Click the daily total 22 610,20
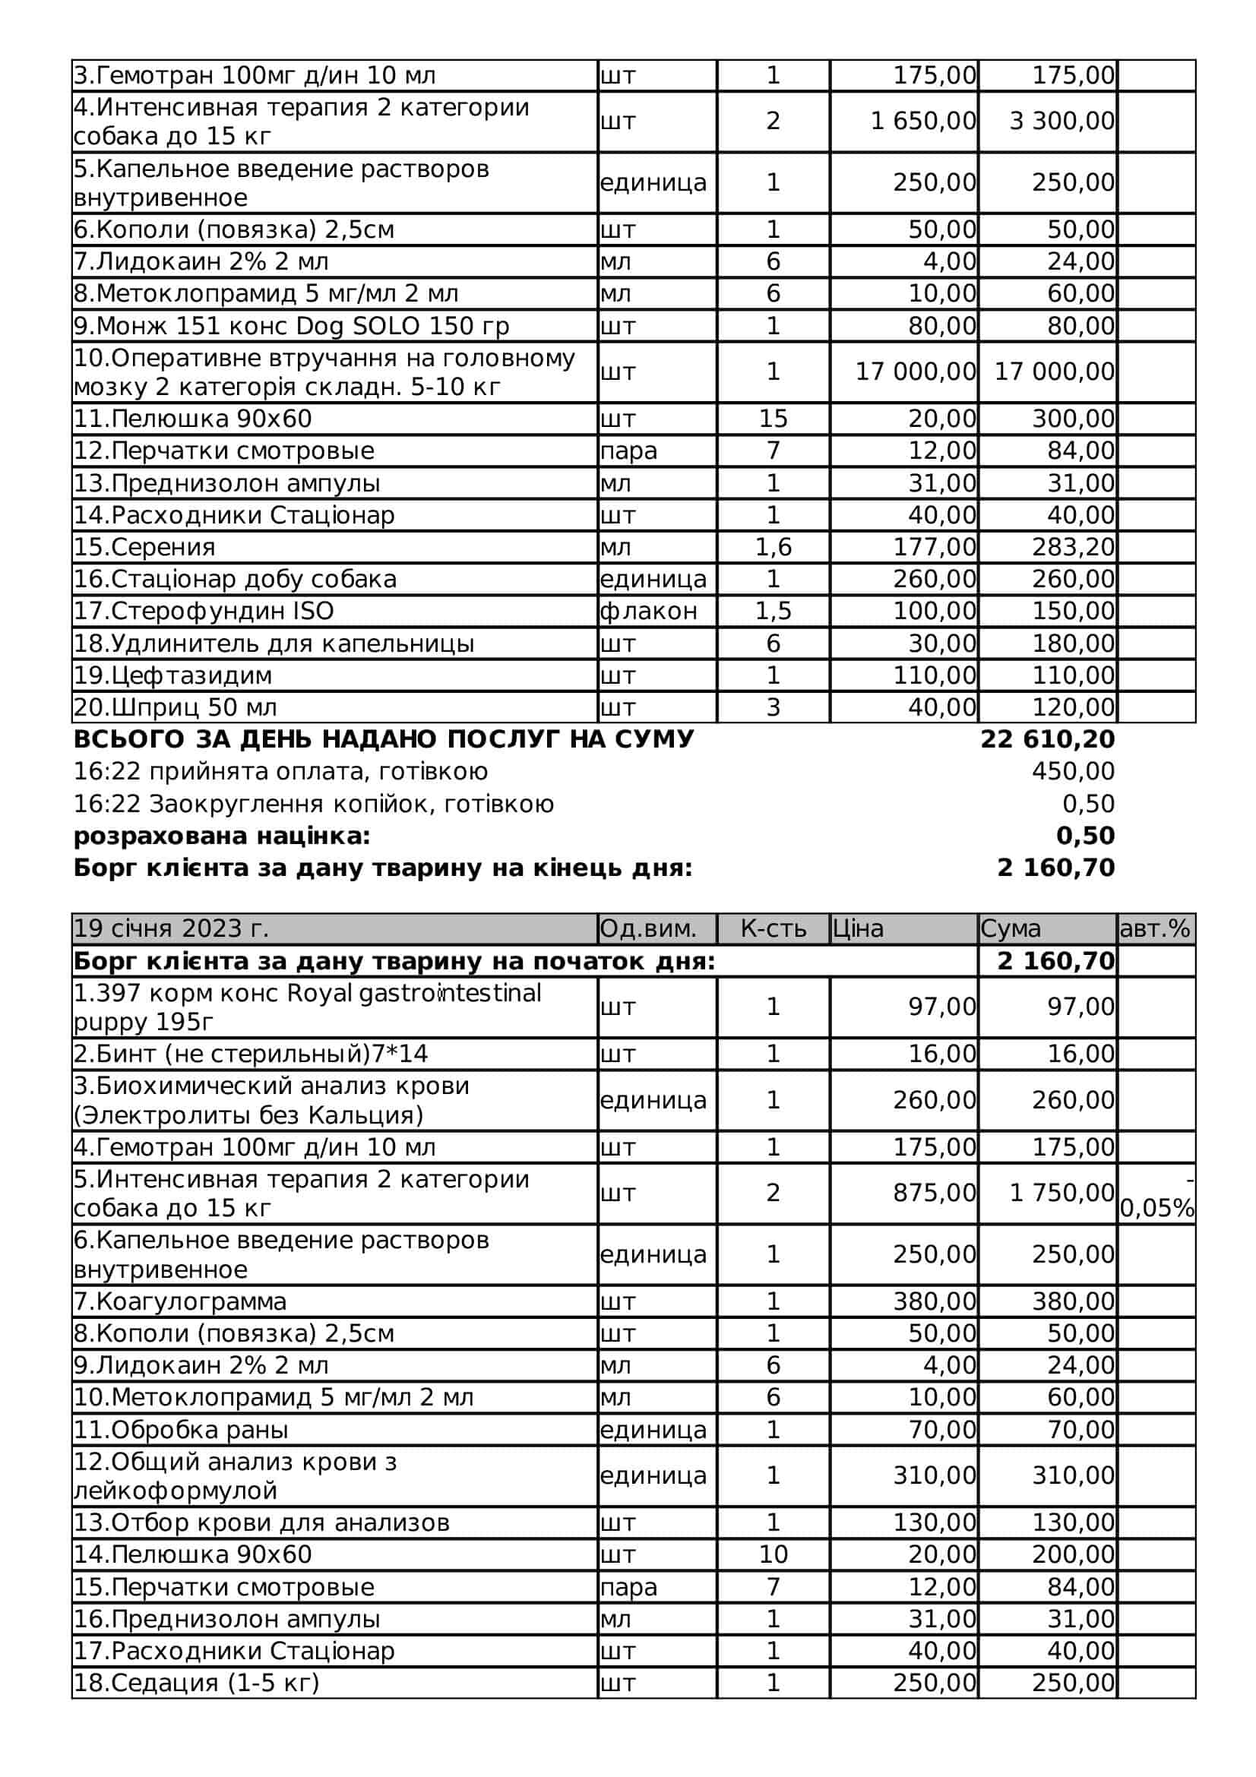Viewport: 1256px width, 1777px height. [x=1047, y=739]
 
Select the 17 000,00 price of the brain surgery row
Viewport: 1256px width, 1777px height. [x=915, y=372]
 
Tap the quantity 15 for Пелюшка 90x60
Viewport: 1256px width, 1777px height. [x=772, y=419]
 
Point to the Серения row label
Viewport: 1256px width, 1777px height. [x=144, y=547]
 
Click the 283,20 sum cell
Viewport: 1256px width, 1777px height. [x=1073, y=547]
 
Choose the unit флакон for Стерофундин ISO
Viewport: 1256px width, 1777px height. [x=648, y=611]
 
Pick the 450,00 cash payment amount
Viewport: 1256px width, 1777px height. [x=1073, y=772]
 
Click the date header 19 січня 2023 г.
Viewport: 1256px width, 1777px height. [x=171, y=928]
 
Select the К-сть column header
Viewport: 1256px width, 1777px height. [x=772, y=928]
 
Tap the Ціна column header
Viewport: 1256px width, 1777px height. [x=857, y=928]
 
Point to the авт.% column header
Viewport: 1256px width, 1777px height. [x=1155, y=928]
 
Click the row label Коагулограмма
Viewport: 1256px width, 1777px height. [x=180, y=1301]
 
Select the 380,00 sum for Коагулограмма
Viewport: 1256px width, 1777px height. [x=1073, y=1301]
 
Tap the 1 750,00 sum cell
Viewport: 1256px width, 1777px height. [x=1061, y=1193]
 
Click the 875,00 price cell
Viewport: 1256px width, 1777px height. [x=934, y=1193]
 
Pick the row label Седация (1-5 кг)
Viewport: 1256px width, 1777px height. [x=197, y=1683]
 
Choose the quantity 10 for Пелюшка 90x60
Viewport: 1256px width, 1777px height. [x=772, y=1554]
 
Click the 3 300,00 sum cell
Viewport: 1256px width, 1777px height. [x=1061, y=122]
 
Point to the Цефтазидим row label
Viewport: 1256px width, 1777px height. [x=172, y=675]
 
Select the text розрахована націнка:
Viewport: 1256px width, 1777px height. [x=222, y=836]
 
